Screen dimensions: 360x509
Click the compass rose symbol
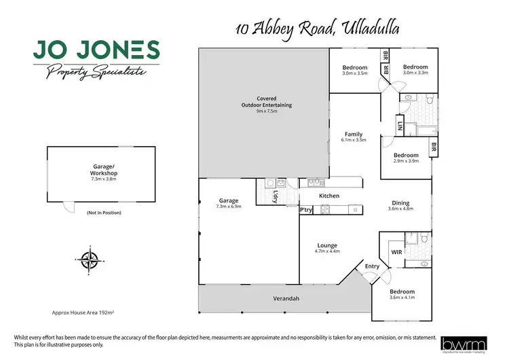[x=88, y=258]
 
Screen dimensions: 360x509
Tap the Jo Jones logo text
[x=96, y=50]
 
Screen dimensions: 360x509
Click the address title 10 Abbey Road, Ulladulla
[x=318, y=29]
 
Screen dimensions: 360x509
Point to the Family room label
[x=354, y=134]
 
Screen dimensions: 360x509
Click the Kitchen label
[x=329, y=196]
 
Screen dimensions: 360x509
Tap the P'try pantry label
[x=306, y=210]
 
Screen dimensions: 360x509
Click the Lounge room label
[x=326, y=245]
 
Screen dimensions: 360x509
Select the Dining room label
[x=400, y=202]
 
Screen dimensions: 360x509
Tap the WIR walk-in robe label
[x=397, y=252]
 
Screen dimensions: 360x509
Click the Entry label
[x=373, y=266]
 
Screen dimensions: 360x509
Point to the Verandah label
[x=286, y=298]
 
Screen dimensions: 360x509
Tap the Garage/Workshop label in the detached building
[x=105, y=170]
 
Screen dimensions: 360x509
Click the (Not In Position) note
[x=105, y=213]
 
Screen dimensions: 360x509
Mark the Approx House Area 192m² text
[x=81, y=313]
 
